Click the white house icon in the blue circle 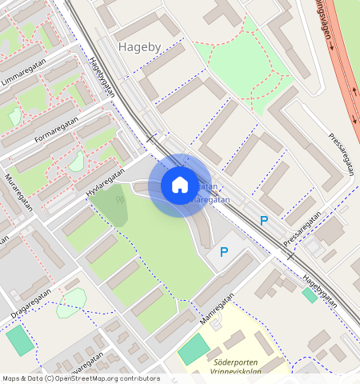point(180,186)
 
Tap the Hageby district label point(141,47)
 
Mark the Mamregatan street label point(215,308)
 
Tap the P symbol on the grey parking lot point(224,252)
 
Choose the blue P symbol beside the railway point(263,221)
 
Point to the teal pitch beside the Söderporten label point(193,350)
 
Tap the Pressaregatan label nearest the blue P point(302,226)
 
